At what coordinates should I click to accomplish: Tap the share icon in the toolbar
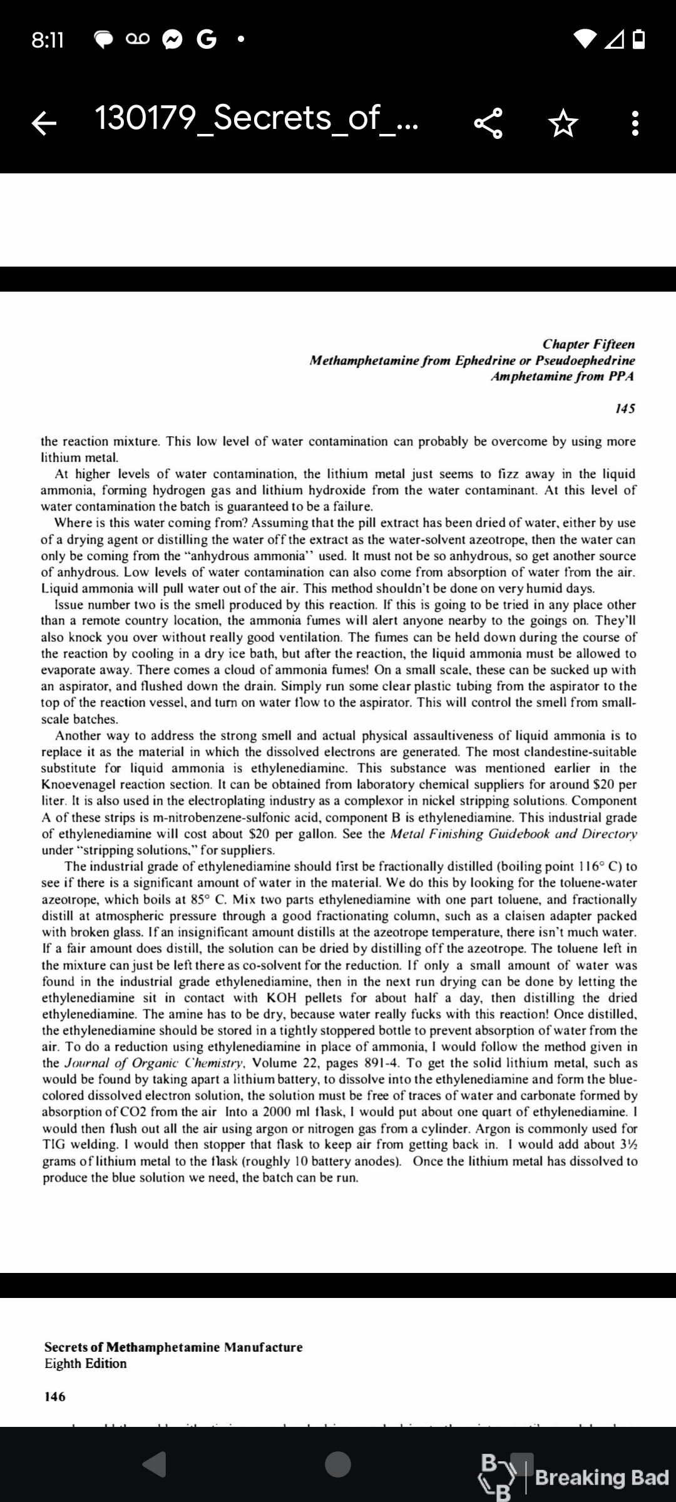pyautogui.click(x=488, y=123)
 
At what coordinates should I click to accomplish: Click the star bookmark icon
pyautogui.click(x=562, y=123)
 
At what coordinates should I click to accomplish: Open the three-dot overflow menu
pyautogui.click(x=635, y=123)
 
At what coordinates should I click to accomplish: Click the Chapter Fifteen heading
pyautogui.click(x=588, y=344)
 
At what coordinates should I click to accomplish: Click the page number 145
pyautogui.click(x=625, y=409)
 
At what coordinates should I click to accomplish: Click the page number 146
pyautogui.click(x=55, y=1396)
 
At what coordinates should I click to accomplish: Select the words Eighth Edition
pyautogui.click(x=85, y=1363)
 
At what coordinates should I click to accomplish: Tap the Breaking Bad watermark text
pyautogui.click(x=602, y=1478)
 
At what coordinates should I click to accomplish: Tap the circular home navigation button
pyautogui.click(x=338, y=1464)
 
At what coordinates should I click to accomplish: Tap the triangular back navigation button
pyautogui.click(x=155, y=1464)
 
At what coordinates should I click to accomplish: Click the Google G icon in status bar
pyautogui.click(x=206, y=40)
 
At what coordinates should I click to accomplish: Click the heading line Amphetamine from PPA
pyautogui.click(x=562, y=377)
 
